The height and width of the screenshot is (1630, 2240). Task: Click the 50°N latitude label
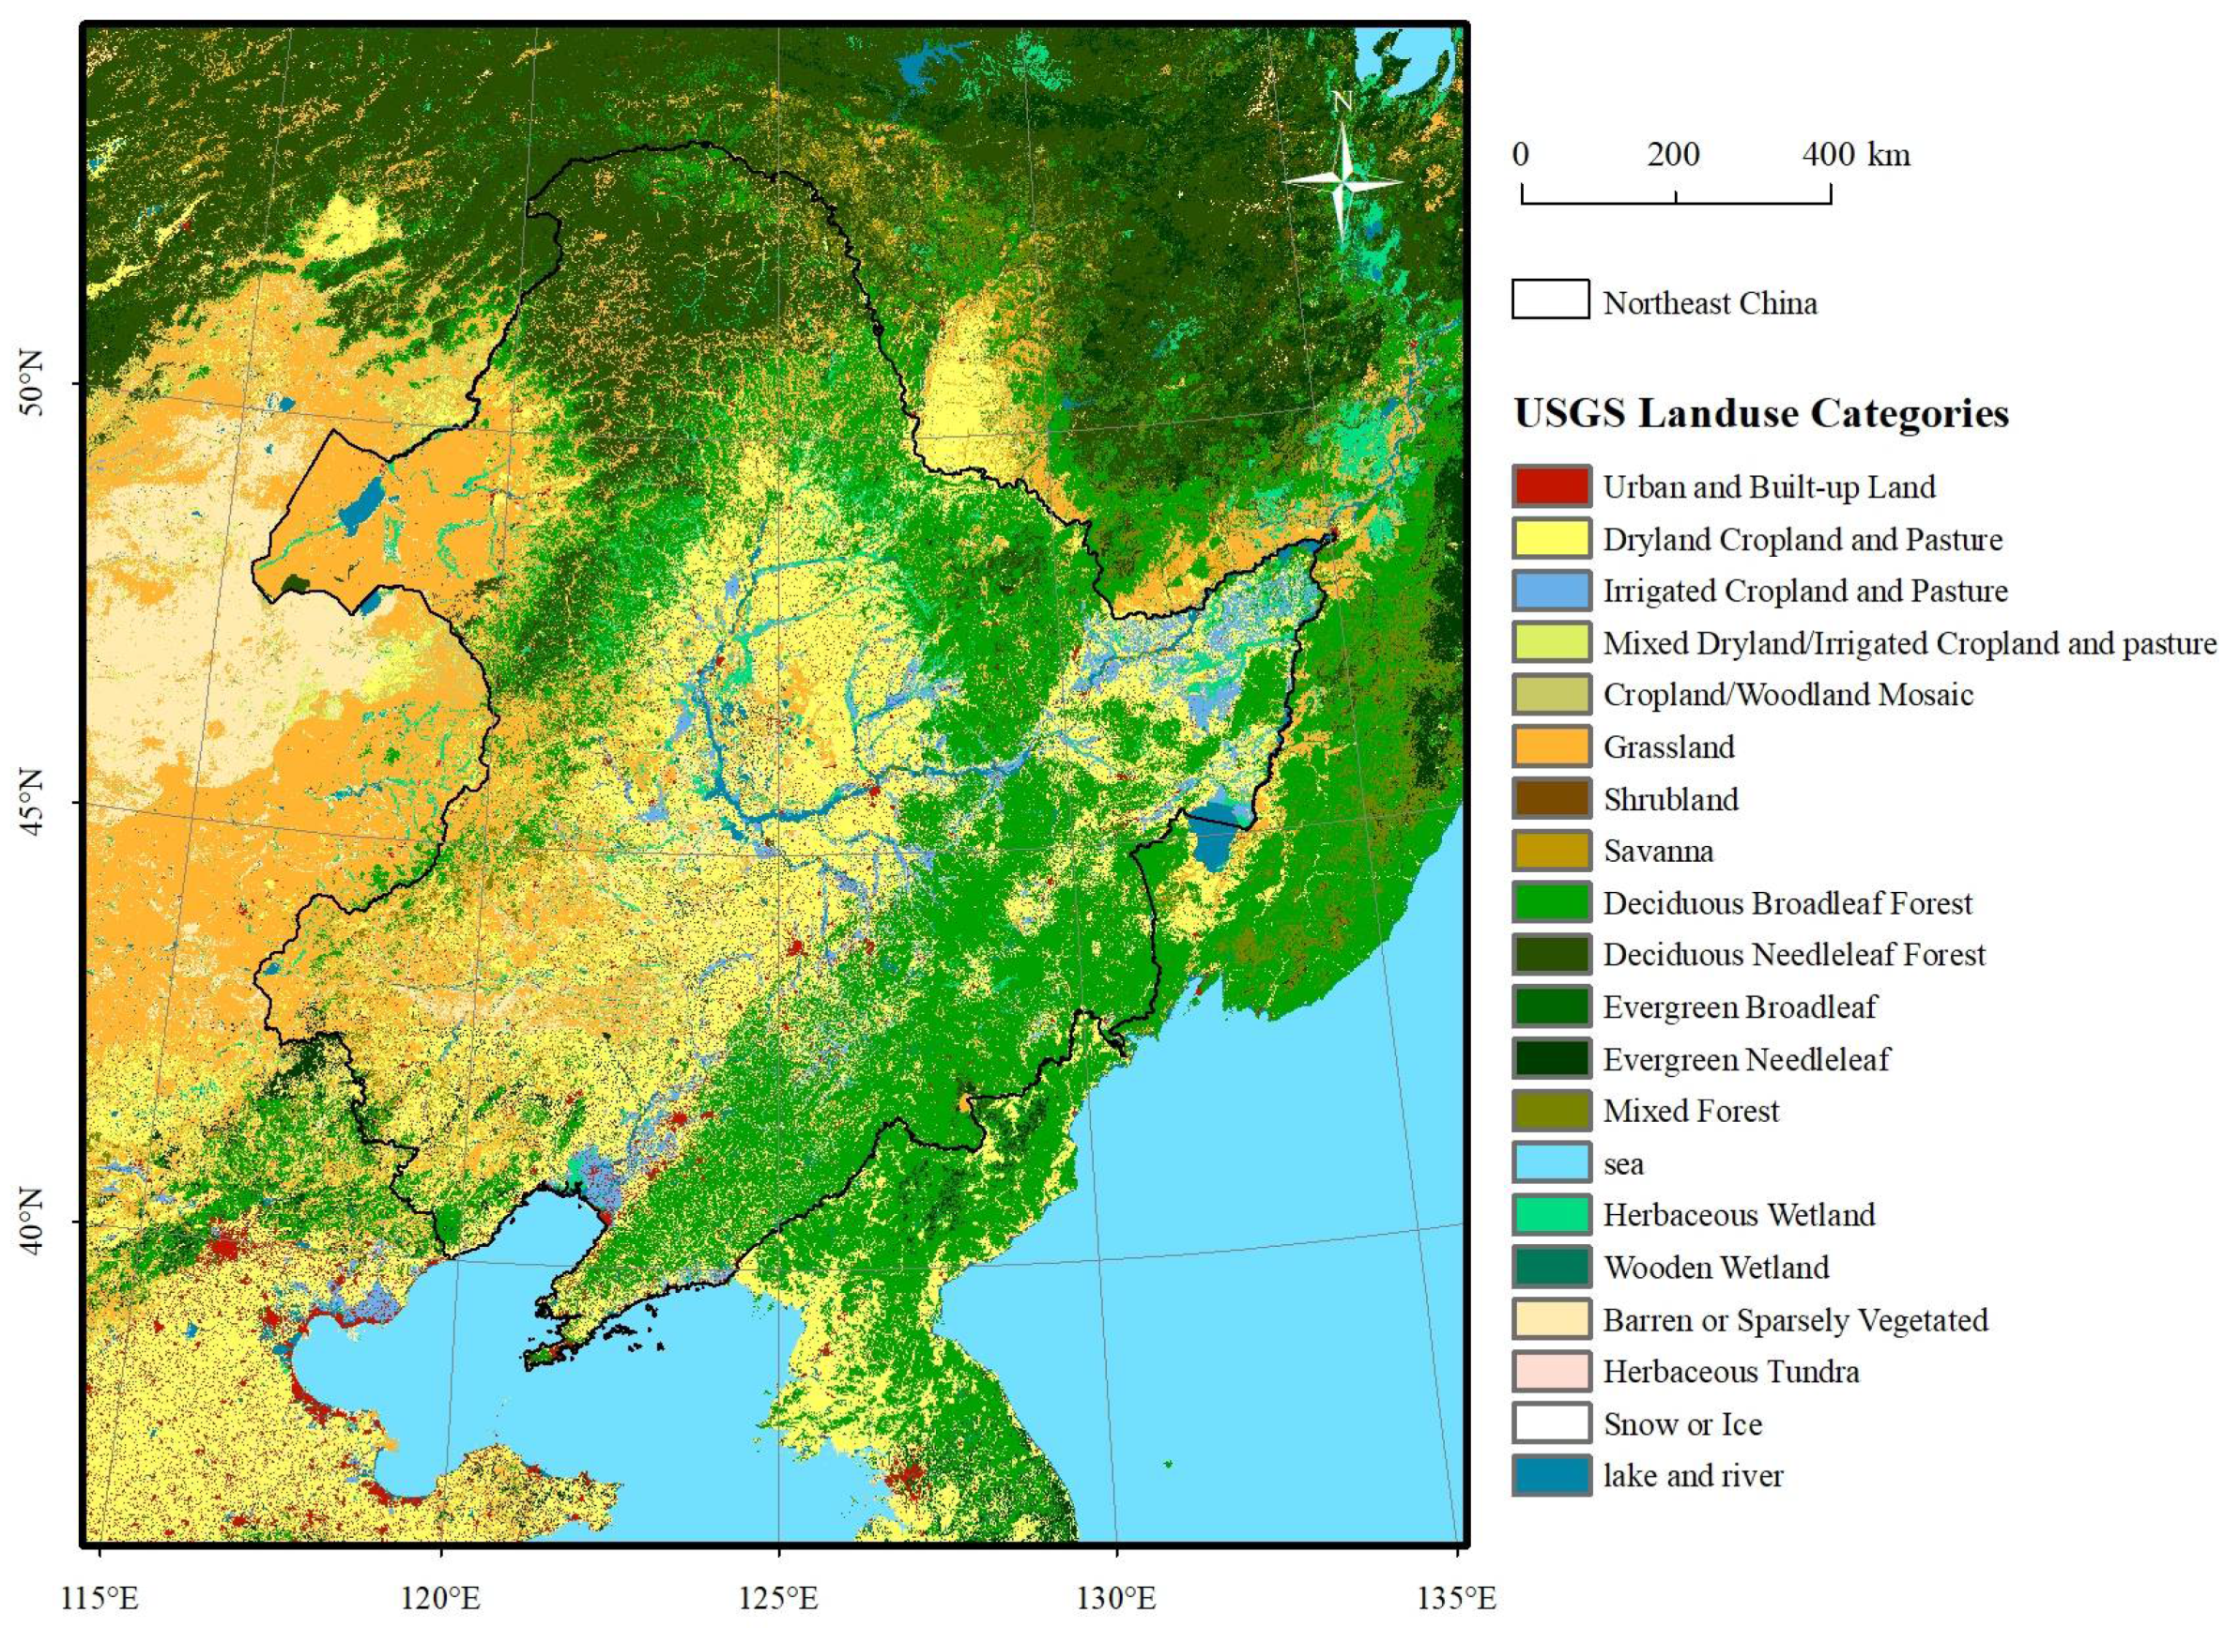coord(33,385)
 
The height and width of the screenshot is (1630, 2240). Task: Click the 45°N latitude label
coord(33,802)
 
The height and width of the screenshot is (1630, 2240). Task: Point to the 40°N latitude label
coord(33,1223)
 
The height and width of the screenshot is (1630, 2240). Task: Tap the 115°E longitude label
coord(100,1597)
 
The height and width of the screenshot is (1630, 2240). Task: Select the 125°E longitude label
coord(778,1597)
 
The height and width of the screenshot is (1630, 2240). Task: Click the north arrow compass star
coord(1343,181)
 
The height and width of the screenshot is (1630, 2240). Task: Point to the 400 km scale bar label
coord(1856,155)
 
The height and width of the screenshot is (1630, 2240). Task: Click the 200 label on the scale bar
coord(1673,155)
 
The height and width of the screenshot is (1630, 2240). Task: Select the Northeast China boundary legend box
coord(1550,300)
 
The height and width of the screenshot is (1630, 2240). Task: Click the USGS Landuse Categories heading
coord(1761,413)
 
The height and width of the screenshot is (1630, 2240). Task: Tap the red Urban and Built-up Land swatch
coord(1551,486)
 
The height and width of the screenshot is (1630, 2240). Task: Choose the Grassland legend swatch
coord(1551,746)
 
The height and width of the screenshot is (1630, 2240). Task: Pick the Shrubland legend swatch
coord(1551,798)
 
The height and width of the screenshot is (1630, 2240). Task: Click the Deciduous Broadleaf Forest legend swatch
coord(1551,902)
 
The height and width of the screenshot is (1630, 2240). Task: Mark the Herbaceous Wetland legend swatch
coord(1551,1214)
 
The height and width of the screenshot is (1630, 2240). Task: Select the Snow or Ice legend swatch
coord(1551,1423)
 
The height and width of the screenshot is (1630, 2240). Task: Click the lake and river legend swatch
coord(1551,1475)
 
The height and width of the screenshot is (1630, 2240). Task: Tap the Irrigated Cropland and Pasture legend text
coord(1804,591)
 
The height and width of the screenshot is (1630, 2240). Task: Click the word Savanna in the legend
coord(1657,851)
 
